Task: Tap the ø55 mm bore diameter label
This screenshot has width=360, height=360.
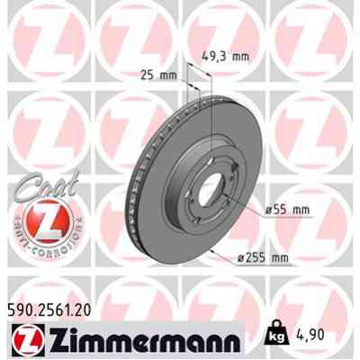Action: [x=287, y=210]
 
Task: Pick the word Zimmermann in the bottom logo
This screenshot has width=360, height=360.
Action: [x=140, y=339]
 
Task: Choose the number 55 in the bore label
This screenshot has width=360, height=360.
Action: [x=282, y=210]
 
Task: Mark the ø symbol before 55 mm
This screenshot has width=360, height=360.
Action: [x=267, y=210]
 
